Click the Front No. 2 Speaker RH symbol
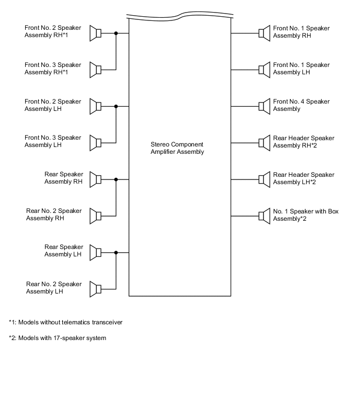tap(95, 33)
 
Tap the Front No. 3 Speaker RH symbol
tap(95, 70)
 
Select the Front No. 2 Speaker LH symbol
tap(95, 106)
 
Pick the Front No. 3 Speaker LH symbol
tap(95, 142)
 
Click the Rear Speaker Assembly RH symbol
tap(95, 179)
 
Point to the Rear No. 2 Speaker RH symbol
tap(95, 216)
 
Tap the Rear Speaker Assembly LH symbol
tap(95, 252)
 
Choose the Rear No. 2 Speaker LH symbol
tap(95, 289)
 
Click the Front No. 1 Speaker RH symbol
tap(264, 33)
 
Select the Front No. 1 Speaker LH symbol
tap(264, 70)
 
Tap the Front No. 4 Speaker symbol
tap(264, 106)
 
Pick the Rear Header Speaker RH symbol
tap(264, 142)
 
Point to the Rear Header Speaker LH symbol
tap(264, 179)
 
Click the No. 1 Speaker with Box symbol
tap(264, 216)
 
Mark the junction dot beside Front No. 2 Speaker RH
tap(116, 33)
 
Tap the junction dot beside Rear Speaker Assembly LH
tap(116, 252)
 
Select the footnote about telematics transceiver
tap(65, 322)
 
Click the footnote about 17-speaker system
tap(58, 338)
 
